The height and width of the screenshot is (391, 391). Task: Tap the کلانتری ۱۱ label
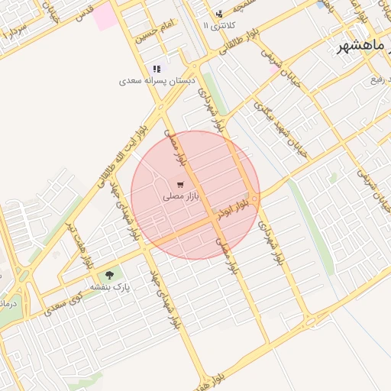[221, 26]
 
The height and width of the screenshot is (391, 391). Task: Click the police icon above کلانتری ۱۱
[219, 14]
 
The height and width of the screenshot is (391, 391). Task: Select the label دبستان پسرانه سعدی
[157, 80]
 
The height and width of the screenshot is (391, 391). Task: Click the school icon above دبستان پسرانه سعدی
[157, 69]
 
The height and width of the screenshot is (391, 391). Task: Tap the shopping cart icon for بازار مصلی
[179, 185]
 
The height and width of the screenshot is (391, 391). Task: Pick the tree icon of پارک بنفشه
[109, 275]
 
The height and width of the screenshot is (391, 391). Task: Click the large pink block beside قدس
[106, 15]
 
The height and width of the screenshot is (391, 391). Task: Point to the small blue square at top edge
[319, 4]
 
